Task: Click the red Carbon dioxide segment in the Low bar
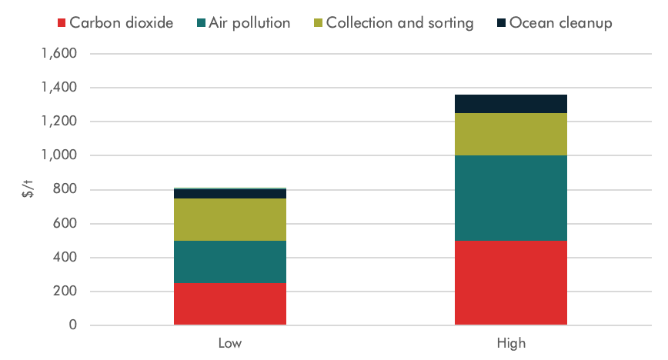coord(230,304)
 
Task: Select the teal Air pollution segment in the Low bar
coord(230,262)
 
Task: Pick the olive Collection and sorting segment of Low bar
coord(230,219)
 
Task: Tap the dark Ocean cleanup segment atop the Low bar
coord(230,193)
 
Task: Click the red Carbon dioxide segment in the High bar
coord(511,282)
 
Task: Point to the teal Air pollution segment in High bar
coord(511,198)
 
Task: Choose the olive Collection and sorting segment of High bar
coord(511,134)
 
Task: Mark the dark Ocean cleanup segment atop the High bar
coord(511,104)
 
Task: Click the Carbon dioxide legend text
coord(121,23)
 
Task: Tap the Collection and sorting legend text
coord(399,23)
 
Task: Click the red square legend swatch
coord(62,23)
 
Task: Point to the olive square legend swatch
coord(319,23)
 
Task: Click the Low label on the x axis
coord(230,343)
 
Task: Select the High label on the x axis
coord(511,343)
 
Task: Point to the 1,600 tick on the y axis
coord(58,55)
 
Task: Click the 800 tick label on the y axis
coord(65,190)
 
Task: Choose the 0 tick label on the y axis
coord(74,325)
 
